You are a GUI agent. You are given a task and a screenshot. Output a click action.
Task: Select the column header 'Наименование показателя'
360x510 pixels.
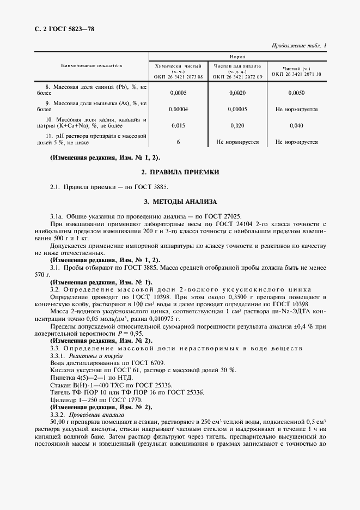click(91, 66)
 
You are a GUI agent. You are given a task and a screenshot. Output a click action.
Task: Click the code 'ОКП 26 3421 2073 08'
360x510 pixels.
click(179, 77)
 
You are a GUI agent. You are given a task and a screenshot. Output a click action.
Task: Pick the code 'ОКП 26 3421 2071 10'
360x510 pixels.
click(296, 74)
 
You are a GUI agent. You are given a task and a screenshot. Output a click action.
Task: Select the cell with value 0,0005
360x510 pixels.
click(178, 93)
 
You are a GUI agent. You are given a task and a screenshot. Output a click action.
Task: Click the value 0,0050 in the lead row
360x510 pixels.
click(296, 93)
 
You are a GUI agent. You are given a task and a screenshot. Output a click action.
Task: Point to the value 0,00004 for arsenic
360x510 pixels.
click(178, 110)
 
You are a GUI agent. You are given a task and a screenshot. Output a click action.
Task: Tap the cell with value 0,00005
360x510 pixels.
click(237, 110)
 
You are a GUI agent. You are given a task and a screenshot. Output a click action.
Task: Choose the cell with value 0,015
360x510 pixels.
click(178, 126)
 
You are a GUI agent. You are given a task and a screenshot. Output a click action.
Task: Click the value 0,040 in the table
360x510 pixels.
click(296, 126)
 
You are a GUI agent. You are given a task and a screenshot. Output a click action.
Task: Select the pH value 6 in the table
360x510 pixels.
click(178, 142)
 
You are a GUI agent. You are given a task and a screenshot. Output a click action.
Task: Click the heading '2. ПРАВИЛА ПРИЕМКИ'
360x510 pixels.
click(180, 173)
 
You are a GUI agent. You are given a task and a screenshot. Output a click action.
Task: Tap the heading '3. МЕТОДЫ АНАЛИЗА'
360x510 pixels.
click(180, 202)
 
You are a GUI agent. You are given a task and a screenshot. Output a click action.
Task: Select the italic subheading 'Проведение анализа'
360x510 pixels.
click(93, 414)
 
